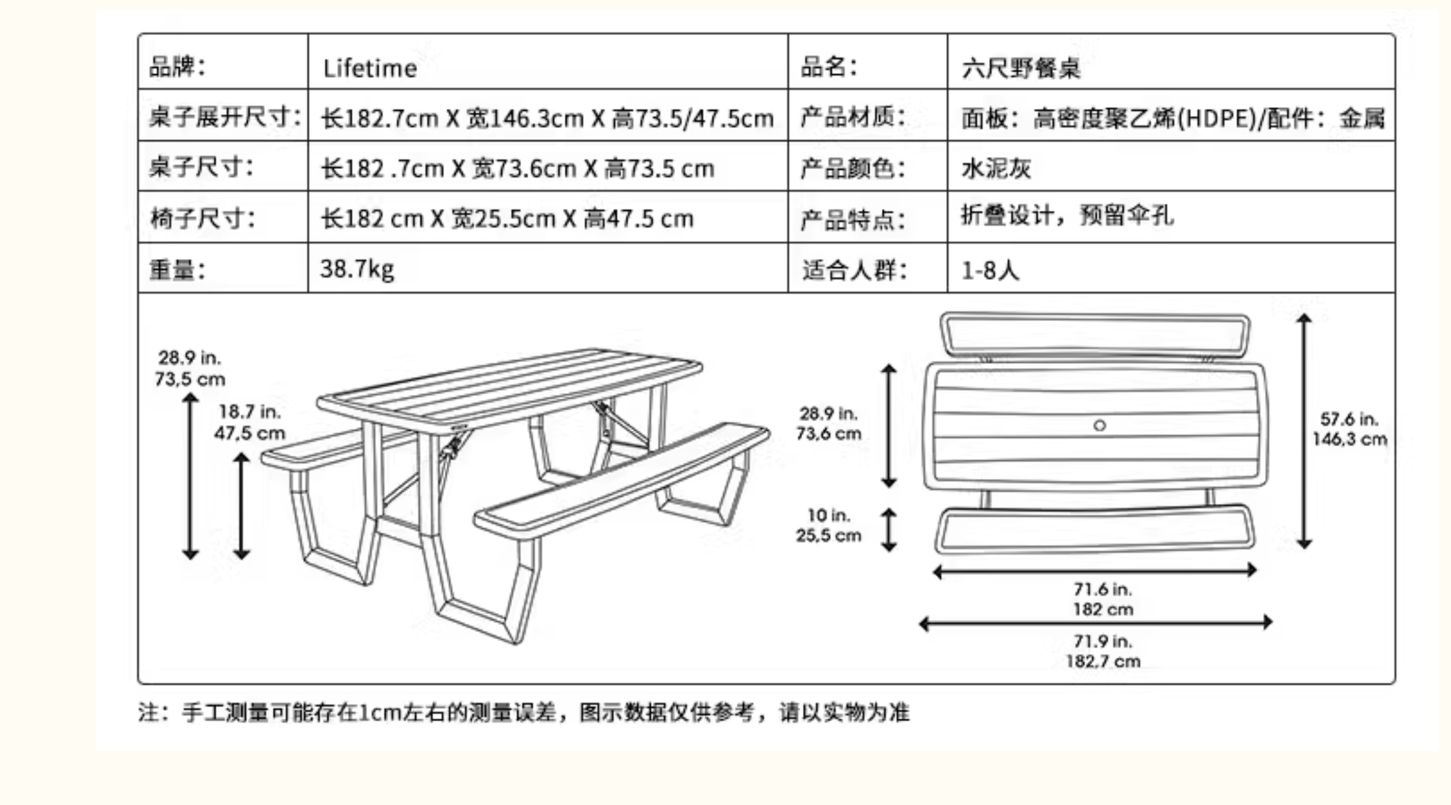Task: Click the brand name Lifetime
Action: (370, 68)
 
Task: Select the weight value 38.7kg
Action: (357, 269)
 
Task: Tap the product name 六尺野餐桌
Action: (1021, 68)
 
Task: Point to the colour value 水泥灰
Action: (996, 168)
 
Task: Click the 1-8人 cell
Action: (990, 270)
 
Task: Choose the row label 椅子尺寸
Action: (202, 219)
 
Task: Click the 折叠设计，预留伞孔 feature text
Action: (1067, 215)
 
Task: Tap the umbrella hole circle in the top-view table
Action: (1099, 425)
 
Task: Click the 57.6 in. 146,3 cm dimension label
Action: (1349, 429)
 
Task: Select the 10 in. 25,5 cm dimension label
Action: (828, 525)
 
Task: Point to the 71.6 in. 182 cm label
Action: (1103, 599)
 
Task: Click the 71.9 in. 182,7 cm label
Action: (1103, 651)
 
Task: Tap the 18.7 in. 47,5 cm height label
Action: (250, 422)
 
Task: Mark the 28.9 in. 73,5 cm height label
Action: (190, 368)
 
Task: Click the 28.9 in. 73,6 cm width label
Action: (828, 424)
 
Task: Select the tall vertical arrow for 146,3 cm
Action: (1304, 431)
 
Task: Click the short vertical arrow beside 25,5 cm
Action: (889, 530)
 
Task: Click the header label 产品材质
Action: (852, 117)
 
